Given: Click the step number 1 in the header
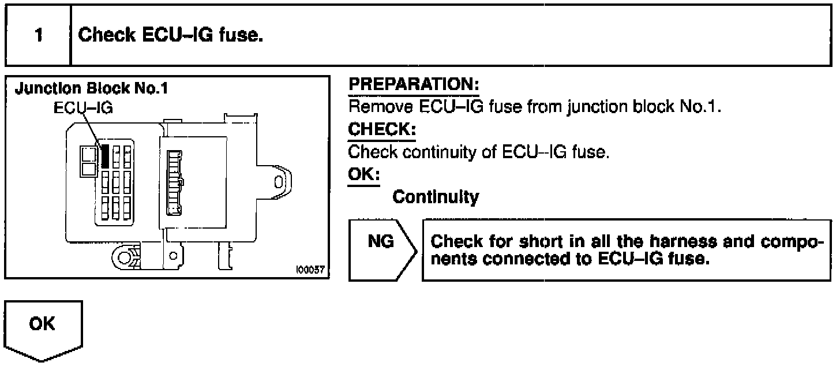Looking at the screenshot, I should click(x=37, y=36).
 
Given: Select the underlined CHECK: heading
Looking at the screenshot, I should click(x=381, y=130).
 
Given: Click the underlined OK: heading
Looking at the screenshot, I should click(x=364, y=175).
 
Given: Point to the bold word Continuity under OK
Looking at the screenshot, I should click(x=435, y=197).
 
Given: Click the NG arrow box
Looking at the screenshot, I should click(x=382, y=249).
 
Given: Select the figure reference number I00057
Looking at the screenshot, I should click(x=310, y=270).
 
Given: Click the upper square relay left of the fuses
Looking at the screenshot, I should click(x=89, y=154).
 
